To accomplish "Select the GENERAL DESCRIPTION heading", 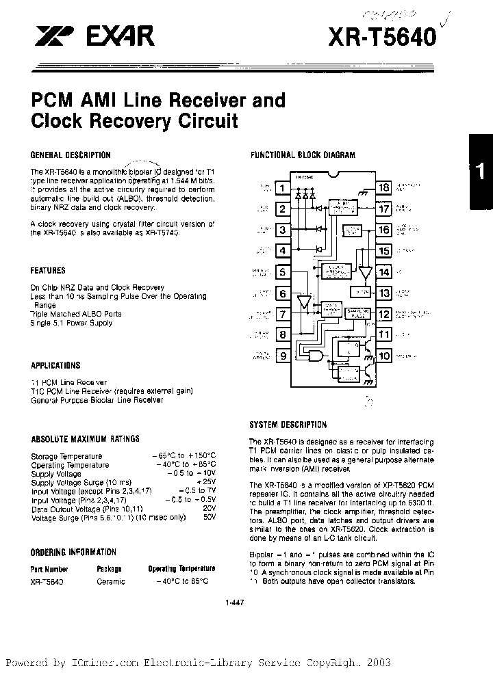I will point(71,155).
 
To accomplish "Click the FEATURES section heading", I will point(48,271).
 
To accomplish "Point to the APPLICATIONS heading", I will point(55,365).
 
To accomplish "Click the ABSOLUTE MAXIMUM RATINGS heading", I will point(85,439).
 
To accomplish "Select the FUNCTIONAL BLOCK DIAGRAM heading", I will point(303,155).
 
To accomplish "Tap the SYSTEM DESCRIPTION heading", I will point(288,425).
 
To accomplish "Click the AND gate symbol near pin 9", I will point(316,356).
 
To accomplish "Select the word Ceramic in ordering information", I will point(112,581).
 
